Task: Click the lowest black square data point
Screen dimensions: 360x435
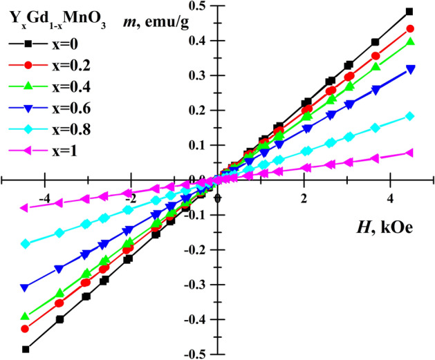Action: (x=26, y=349)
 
